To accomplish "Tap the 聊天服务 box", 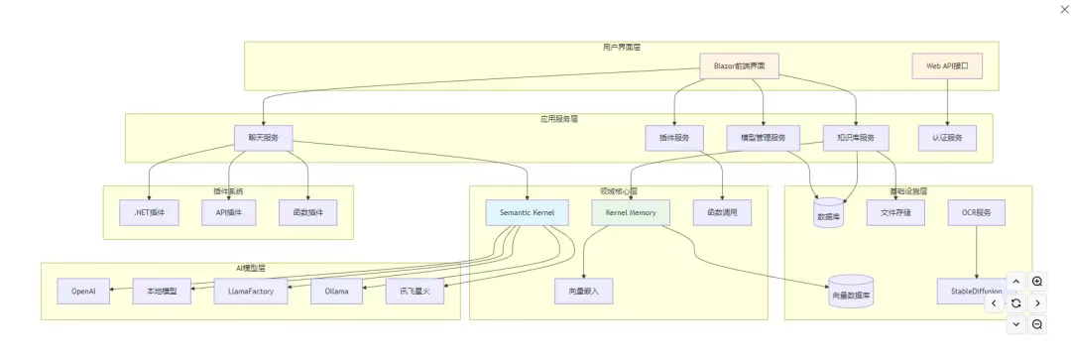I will click(263, 138).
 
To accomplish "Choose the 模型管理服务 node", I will click(763, 138).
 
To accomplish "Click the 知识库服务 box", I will click(856, 138).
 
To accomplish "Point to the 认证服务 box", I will click(947, 138).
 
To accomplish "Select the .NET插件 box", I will click(149, 212).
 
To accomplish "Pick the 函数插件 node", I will click(308, 212).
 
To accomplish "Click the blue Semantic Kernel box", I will click(528, 212).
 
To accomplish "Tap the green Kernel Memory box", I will click(631, 212).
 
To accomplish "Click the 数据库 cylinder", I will click(828, 213).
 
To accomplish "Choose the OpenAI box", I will click(84, 292).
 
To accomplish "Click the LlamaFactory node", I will click(251, 292).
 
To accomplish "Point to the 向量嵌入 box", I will click(583, 292).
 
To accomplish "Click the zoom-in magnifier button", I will click(1037, 282).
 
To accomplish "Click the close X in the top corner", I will click(1065, 9).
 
